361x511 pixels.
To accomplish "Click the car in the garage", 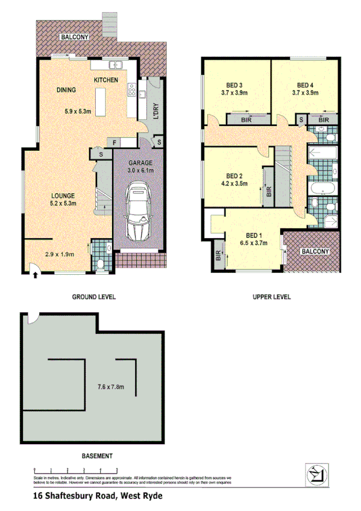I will (137, 213).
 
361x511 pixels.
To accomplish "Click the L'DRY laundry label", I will (155, 112).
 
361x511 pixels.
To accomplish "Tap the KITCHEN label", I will (105, 80).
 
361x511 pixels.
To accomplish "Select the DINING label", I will (66, 90).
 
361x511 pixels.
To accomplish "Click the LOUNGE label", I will (62, 196).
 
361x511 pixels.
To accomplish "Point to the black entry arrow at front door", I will (35, 275).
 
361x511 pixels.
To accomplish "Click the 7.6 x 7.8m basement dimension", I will (110, 386).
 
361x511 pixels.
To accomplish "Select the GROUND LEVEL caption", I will (93, 297).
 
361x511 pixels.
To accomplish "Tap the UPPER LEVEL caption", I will (271, 297).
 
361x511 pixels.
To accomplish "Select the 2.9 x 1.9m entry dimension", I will (59, 254).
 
